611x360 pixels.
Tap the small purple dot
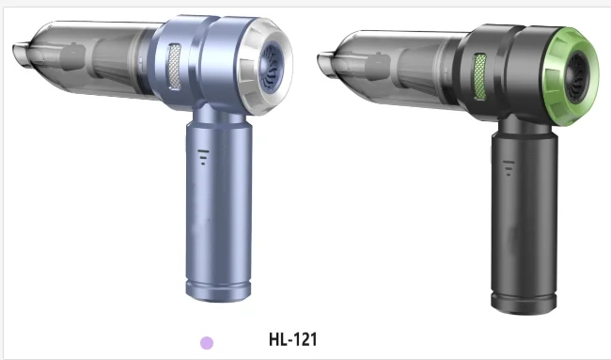[208, 343]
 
